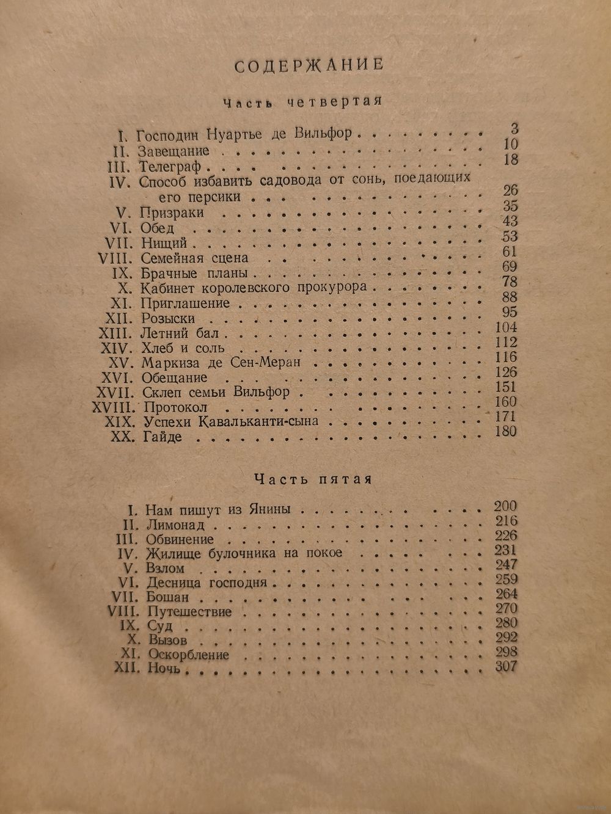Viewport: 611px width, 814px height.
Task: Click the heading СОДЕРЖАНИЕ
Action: [x=309, y=65]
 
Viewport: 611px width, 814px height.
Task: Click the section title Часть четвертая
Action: [x=302, y=103]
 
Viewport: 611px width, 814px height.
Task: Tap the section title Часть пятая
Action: [x=312, y=479]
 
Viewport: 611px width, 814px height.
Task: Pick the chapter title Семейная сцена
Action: [x=194, y=258]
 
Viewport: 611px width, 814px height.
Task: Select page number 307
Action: [x=505, y=667]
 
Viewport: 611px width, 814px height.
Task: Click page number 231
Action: [x=505, y=551]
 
